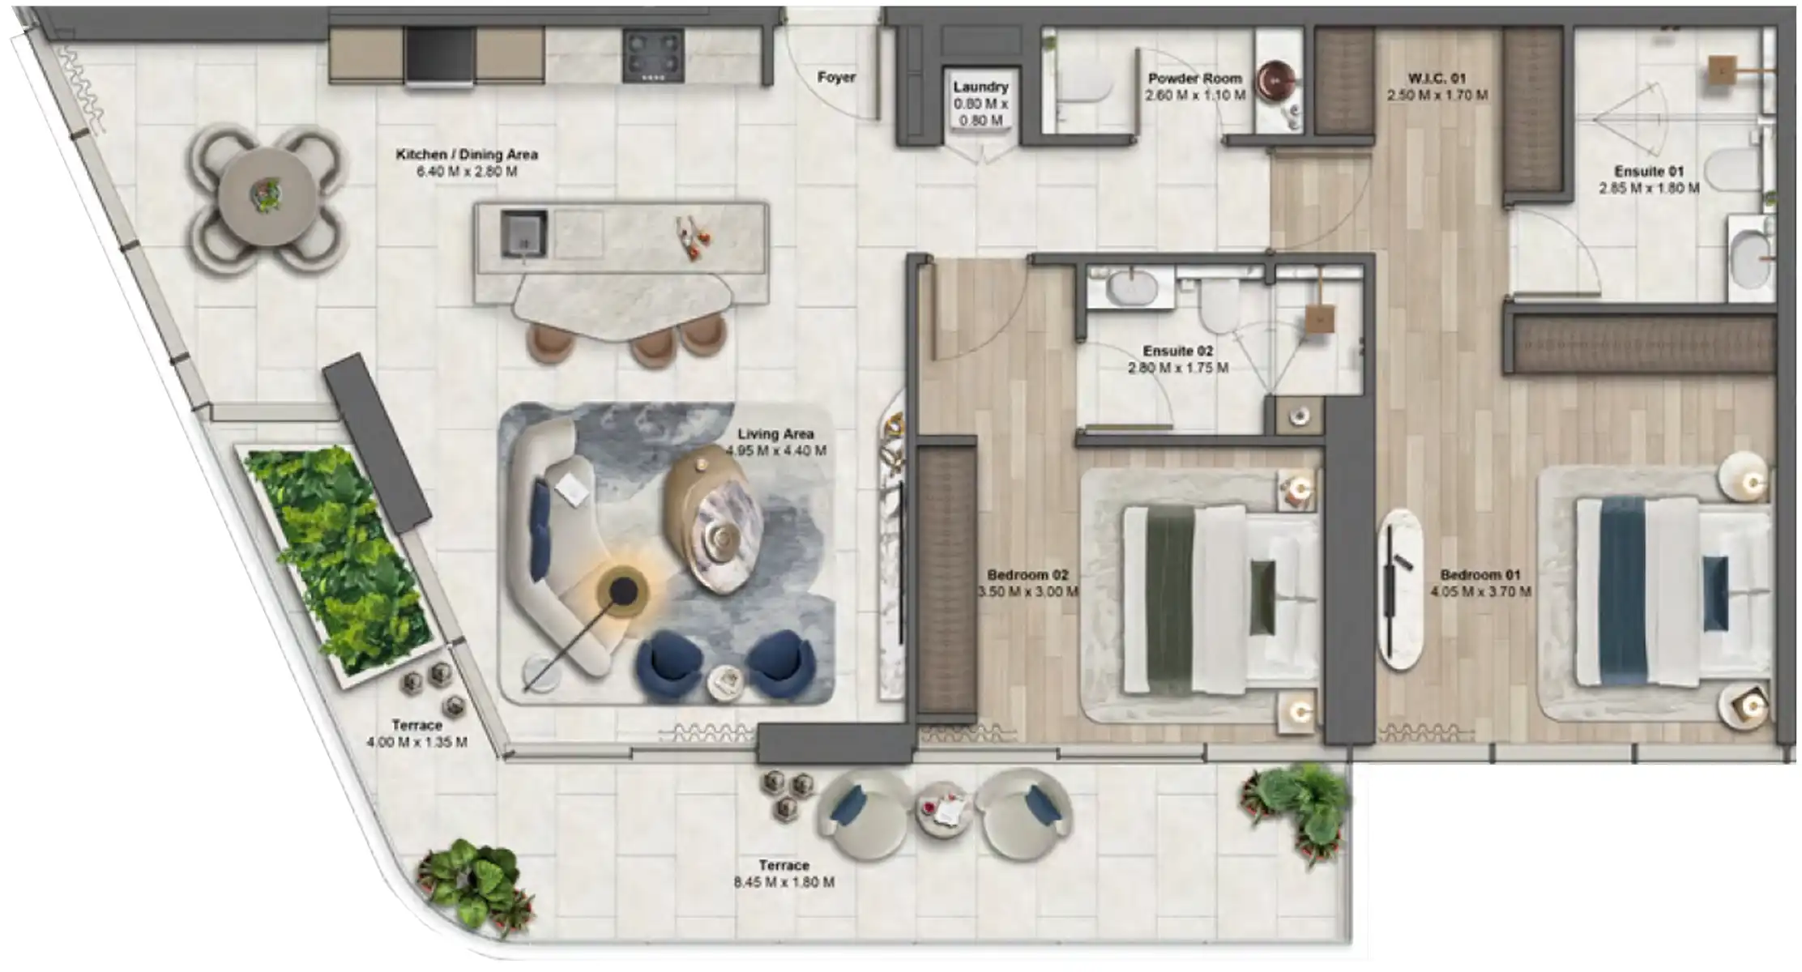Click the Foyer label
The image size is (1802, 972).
836,78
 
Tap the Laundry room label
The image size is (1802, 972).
980,87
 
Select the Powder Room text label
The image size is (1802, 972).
1194,79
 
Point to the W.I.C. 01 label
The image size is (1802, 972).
1437,79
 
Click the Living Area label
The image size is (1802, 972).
775,434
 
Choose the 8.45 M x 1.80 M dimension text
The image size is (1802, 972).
784,882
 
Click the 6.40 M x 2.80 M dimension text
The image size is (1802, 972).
467,172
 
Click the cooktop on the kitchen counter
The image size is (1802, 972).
653,55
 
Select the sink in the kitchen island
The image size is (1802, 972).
523,233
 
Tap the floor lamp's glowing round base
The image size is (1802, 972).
622,590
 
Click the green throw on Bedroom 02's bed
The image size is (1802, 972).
1170,601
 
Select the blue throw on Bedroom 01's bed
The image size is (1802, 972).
1623,591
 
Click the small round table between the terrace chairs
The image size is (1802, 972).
943,810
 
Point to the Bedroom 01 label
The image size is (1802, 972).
1480,575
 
